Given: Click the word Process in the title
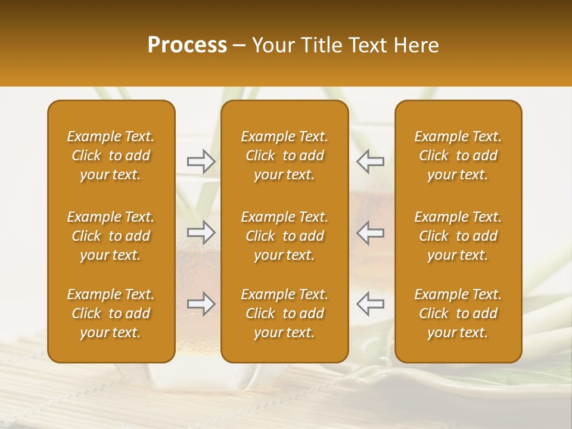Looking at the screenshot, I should coord(187,45).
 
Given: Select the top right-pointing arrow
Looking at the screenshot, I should coord(201,160).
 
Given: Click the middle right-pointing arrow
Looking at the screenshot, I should coord(201,232).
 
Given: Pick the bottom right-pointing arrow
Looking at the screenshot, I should coord(201,304).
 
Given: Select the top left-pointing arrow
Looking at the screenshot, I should coord(370,160).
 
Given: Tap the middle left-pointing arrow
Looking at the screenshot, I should coord(370,232).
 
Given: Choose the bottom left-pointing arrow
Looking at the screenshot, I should coord(370,304).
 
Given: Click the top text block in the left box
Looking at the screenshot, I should coord(111,156).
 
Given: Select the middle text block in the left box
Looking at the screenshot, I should coord(111,236).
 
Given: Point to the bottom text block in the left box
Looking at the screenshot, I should coord(111,313).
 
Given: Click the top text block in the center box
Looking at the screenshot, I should coord(284,156).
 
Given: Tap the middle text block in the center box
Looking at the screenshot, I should coord(284,236).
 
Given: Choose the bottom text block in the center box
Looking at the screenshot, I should coord(284,313).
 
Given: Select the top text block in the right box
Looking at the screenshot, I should coord(458,156).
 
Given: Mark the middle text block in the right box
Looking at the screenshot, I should coord(458,236).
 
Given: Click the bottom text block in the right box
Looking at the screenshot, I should coord(458,313).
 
